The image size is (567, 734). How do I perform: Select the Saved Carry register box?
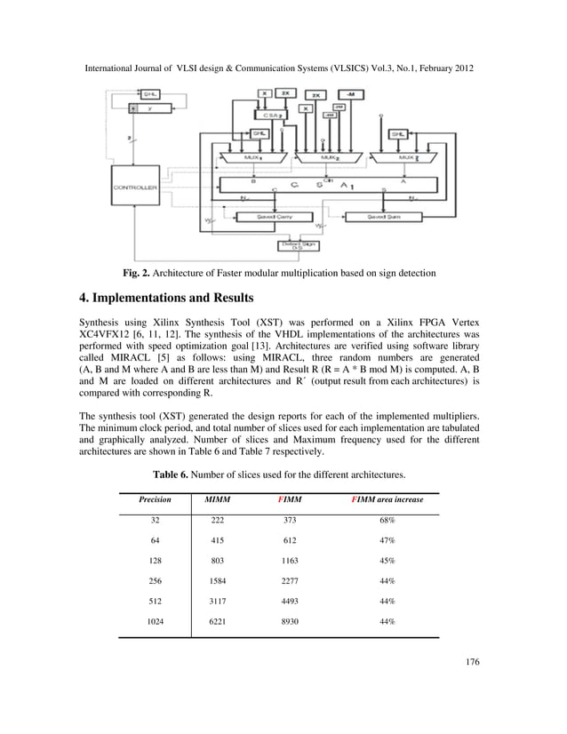276,216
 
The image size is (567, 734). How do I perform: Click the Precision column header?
155,499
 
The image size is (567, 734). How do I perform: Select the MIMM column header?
218,499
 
